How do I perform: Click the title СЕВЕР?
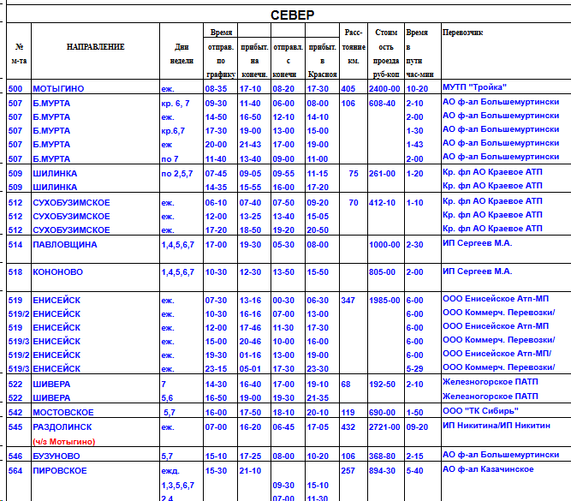pyautogui.click(x=292, y=15)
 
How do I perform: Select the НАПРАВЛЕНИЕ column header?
pyautogui.click(x=95, y=46)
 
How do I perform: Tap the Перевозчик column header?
pyautogui.click(x=463, y=32)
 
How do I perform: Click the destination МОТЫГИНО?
pyautogui.click(x=58, y=88)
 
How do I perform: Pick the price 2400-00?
pyautogui.click(x=384, y=88)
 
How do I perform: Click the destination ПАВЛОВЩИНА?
pyautogui.click(x=64, y=244)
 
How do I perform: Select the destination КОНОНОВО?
pyautogui.click(x=57, y=271)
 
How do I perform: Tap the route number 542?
pyautogui.click(x=15, y=412)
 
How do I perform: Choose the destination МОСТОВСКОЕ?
pyautogui.click(x=63, y=412)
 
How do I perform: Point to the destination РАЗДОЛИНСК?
pyautogui.click(x=63, y=426)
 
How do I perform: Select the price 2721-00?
pyautogui.click(x=384, y=426)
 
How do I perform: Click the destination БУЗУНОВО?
pyautogui.click(x=57, y=456)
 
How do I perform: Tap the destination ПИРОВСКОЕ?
pyautogui.click(x=61, y=470)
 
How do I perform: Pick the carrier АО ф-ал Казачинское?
pyautogui.click(x=487, y=469)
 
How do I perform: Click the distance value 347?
pyautogui.click(x=348, y=301)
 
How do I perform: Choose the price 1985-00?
pyautogui.click(x=384, y=301)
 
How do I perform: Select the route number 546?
pyautogui.click(x=15, y=456)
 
